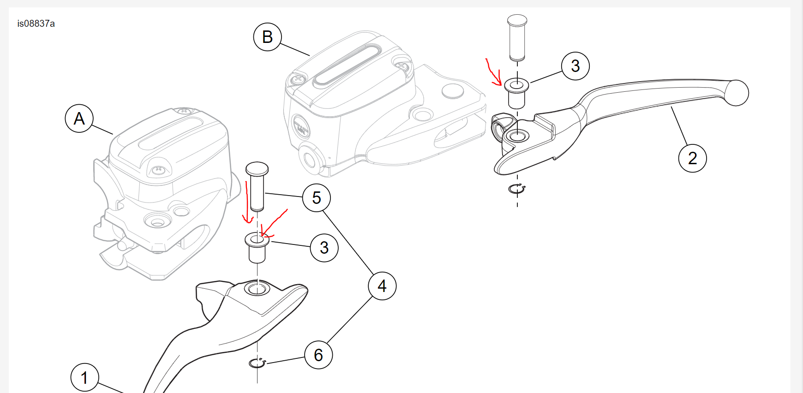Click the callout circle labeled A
pyautogui.click(x=79, y=119)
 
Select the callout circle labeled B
pyautogui.click(x=268, y=37)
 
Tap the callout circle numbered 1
pyautogui.click(x=84, y=377)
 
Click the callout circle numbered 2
pyautogui.click(x=692, y=158)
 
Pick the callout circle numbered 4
pyautogui.click(x=382, y=286)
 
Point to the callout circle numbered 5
pyautogui.click(x=317, y=198)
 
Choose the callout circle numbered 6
pyautogui.click(x=318, y=355)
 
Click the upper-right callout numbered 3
pyautogui.click(x=575, y=66)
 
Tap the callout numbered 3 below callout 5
pyautogui.click(x=324, y=248)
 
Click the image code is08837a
pyautogui.click(x=36, y=24)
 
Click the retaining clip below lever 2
pyautogui.click(x=517, y=189)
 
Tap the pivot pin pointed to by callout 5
pyautogui.click(x=257, y=185)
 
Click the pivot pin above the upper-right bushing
pyautogui.click(x=517, y=38)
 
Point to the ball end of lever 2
pyautogui.click(x=737, y=93)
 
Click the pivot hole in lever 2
pyautogui.click(x=517, y=136)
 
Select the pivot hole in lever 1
pyautogui.click(x=257, y=289)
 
